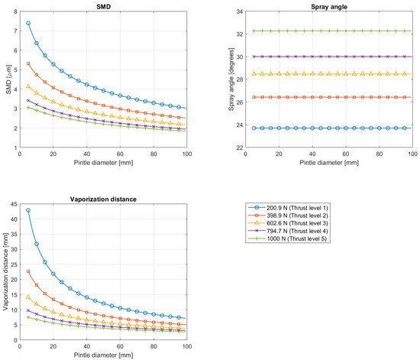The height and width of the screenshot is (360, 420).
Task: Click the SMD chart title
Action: click(x=103, y=6)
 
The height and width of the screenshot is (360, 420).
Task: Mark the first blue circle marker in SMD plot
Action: click(x=28, y=23)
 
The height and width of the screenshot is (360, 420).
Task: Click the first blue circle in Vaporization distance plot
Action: click(x=28, y=210)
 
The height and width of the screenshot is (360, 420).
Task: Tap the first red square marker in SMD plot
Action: click(x=28, y=63)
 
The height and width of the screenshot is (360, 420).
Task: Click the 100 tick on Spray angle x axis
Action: click(x=412, y=154)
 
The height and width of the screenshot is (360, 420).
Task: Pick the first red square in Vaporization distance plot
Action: click(x=28, y=271)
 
